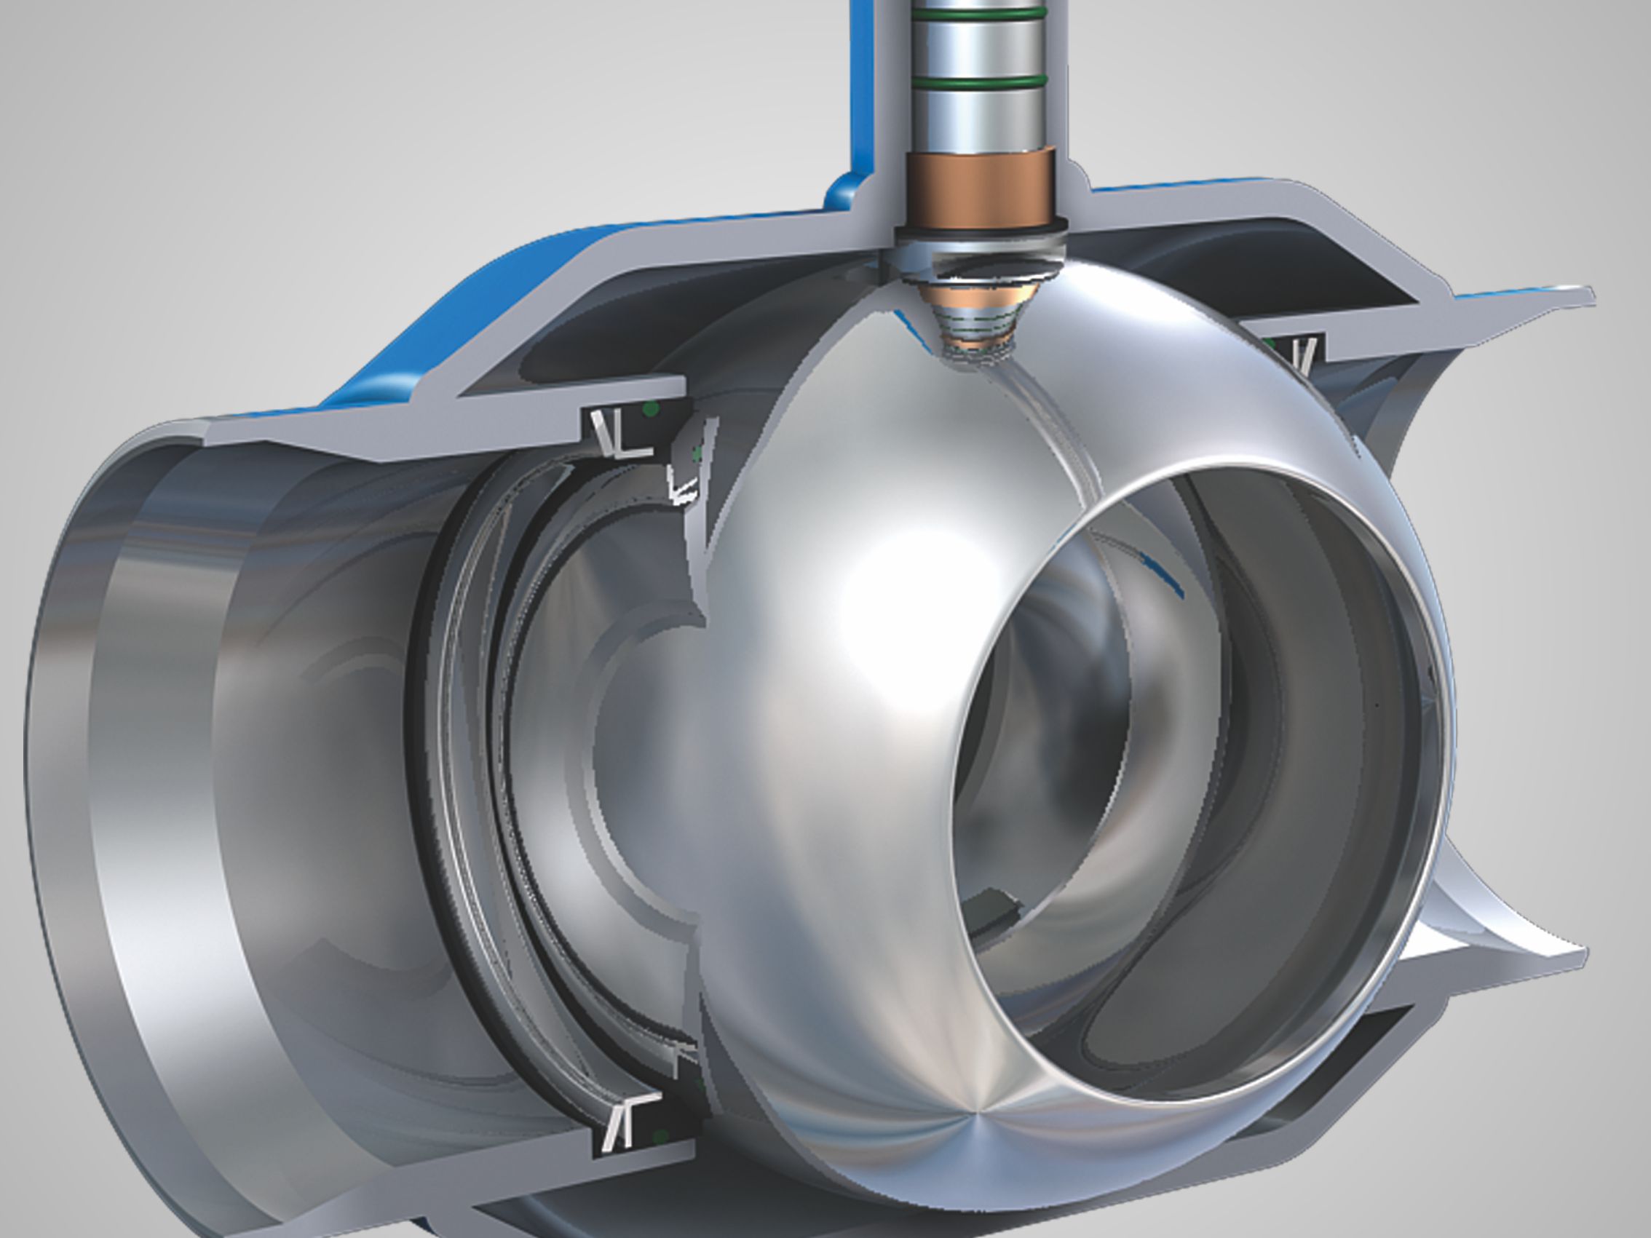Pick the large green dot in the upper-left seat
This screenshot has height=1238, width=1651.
(x=651, y=408)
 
